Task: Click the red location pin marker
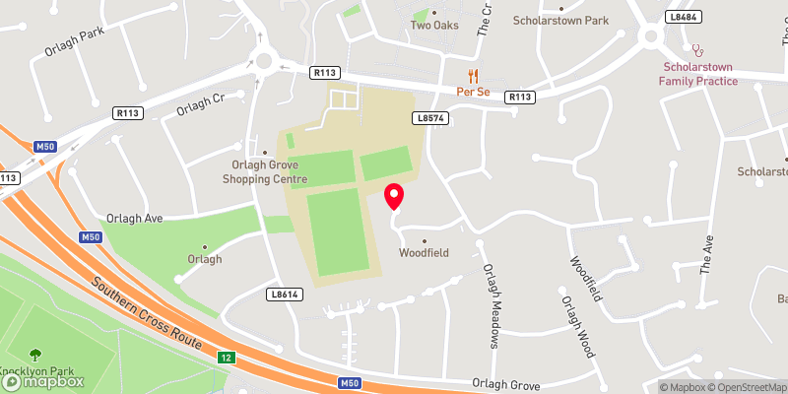pos(394,196)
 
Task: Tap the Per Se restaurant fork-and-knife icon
pos(473,76)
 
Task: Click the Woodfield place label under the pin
pos(424,252)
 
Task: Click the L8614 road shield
pos(283,294)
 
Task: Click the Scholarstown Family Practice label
pos(698,74)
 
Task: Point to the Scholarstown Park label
pos(561,20)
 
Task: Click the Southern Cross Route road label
pos(147,314)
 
